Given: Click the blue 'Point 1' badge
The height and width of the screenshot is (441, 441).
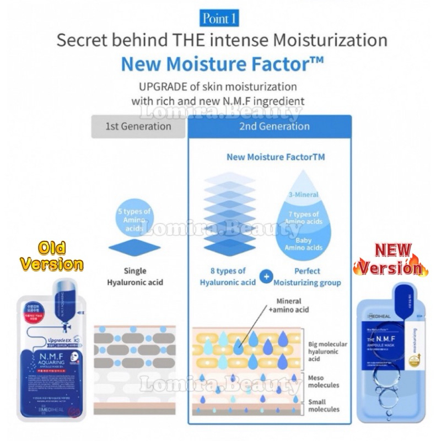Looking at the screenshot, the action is [x=220, y=19].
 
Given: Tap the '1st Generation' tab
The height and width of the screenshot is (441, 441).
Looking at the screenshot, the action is [x=138, y=126].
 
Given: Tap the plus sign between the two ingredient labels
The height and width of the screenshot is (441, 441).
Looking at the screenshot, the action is [x=266, y=277].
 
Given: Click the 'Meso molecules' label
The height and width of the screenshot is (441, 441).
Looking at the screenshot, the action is [x=324, y=380].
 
